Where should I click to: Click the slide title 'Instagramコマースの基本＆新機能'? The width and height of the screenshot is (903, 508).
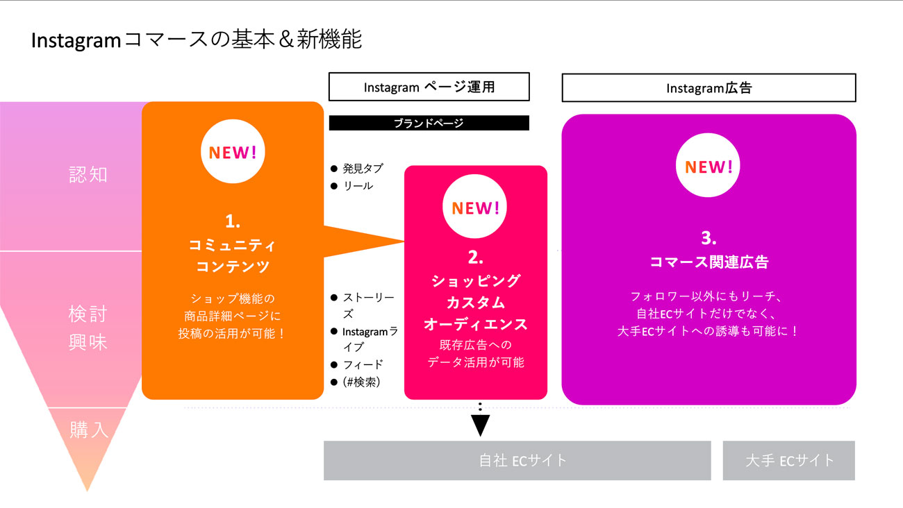coord(197,40)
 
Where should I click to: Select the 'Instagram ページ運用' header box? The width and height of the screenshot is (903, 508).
coord(429,87)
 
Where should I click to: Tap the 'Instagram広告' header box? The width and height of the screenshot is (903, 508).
coord(709,88)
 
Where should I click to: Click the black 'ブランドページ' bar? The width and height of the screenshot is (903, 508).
coord(429,123)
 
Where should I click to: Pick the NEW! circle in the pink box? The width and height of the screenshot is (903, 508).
coord(475,208)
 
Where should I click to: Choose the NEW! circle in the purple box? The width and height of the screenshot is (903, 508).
coord(709,167)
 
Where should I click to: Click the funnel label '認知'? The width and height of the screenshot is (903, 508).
coord(88,174)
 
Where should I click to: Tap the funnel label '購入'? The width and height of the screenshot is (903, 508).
coord(88,430)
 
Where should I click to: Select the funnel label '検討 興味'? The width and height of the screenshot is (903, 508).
coord(88,328)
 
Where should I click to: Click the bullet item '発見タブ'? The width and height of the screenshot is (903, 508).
coord(363,169)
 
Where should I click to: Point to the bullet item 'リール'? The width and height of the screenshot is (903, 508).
coord(358,186)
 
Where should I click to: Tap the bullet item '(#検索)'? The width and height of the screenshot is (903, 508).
coord(362,382)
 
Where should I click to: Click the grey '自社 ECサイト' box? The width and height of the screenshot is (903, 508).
coord(517,460)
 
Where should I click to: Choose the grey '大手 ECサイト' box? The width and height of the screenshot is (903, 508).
coord(788,460)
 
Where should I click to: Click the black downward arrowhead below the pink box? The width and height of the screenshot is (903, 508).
coord(480,425)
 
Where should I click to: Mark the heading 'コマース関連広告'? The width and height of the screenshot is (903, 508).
coord(709,262)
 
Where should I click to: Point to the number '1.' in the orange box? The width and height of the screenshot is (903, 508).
coord(233,222)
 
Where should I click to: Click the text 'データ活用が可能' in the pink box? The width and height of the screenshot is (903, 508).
coord(476,362)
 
